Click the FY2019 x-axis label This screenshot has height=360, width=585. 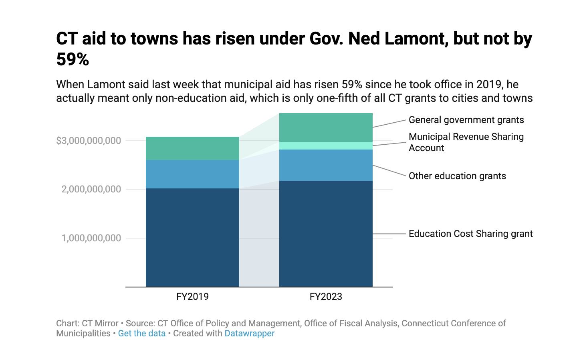point(192,297)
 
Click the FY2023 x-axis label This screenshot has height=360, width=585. point(326,297)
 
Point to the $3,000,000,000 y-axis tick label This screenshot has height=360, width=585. point(89,141)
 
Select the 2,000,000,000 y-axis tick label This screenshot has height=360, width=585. point(91,189)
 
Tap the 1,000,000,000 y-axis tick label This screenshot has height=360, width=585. point(91,238)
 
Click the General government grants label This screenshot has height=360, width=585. point(466,120)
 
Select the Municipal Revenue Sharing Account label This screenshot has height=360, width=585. point(466,142)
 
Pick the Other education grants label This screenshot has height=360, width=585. point(457,176)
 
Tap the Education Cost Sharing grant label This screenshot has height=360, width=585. point(470,234)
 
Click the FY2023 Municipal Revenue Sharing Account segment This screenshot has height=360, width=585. point(326,146)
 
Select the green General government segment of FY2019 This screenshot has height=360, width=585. point(192,148)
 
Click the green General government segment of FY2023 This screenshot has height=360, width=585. point(326,127)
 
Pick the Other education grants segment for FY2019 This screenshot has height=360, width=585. point(192,174)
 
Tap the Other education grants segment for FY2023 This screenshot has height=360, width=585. point(326,165)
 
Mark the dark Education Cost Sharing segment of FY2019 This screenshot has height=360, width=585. point(192,237)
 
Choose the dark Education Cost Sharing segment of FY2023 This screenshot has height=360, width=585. point(326,234)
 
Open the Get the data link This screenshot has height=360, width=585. point(142,334)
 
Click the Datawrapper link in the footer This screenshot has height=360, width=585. point(249,334)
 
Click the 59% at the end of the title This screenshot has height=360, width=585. point(73,60)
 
